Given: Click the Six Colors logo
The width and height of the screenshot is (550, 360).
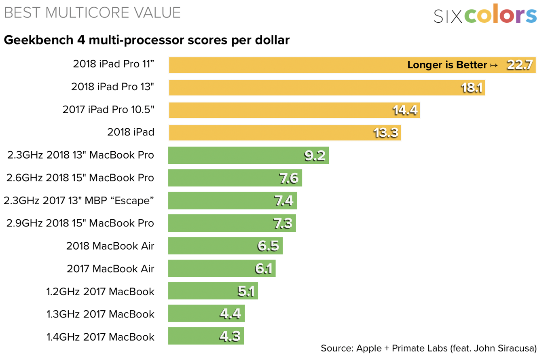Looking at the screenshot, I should pos(485,15).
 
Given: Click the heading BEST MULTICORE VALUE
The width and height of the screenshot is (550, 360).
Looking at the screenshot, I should pos(92,13).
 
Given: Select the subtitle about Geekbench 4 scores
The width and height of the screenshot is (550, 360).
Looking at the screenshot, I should pos(147,40).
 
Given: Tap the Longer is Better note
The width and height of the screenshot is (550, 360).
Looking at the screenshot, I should pos(452,65).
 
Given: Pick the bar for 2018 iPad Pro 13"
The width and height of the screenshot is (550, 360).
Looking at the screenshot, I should pos(326,87).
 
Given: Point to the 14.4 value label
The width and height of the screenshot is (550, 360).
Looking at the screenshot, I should pos(405,110).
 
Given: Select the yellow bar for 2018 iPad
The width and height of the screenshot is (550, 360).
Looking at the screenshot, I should pos(284,133).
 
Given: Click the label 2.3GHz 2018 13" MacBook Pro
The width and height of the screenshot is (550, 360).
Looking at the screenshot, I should pos(81,155).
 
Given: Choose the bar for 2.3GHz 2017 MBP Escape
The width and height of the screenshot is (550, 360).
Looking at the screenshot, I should pos(233,201).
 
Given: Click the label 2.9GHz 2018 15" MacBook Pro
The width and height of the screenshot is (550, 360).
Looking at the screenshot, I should pos(81,223).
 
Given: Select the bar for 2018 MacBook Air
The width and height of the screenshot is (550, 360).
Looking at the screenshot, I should pos(225,246).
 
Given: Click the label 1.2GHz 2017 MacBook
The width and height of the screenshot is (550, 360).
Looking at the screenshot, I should pos(100,291).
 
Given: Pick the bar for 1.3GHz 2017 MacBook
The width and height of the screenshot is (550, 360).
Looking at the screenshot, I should pos(206,313).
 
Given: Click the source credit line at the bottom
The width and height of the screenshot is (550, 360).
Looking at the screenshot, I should pos(429,348).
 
